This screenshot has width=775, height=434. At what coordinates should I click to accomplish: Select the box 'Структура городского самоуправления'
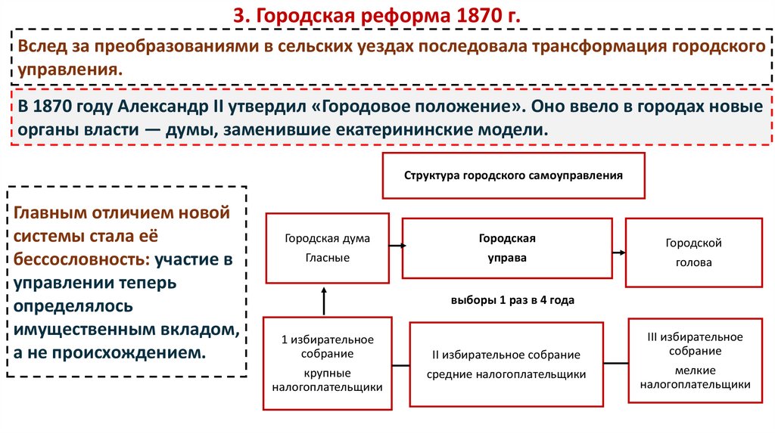pos(513,175)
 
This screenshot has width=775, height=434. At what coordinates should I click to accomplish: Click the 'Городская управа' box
pos(506,248)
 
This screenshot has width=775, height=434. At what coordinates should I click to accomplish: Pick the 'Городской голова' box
pos(693,253)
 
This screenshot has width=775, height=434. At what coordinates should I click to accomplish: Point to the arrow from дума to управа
pos(398,245)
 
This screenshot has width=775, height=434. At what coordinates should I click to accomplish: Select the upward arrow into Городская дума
pos(324,300)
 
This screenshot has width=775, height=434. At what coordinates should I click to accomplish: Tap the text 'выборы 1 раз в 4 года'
pos(512,300)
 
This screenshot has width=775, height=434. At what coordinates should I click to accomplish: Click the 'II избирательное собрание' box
pos(506,364)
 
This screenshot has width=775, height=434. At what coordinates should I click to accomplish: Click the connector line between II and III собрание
pos(616,361)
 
